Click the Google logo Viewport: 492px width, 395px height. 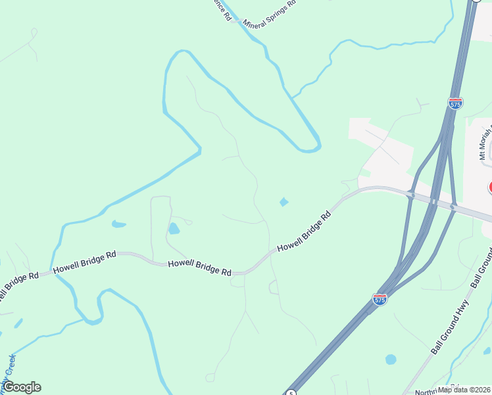pos(22,387)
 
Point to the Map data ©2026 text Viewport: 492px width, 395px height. pos(462,389)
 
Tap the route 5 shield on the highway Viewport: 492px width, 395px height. pos(290,393)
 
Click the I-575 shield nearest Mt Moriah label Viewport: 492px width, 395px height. pos(455,103)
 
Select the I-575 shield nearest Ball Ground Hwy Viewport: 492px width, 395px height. pos(380,299)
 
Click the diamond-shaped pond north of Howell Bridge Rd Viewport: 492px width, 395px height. pos(283,201)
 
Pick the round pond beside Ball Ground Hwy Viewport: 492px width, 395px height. pos(391,359)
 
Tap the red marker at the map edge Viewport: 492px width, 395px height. pos(490,188)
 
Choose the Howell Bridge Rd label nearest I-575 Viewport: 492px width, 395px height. pos(304,231)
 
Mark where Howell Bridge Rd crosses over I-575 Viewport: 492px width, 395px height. pos(432,201)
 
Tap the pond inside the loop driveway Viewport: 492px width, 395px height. pos(174,228)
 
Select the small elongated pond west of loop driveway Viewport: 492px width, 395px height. pos(118,224)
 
